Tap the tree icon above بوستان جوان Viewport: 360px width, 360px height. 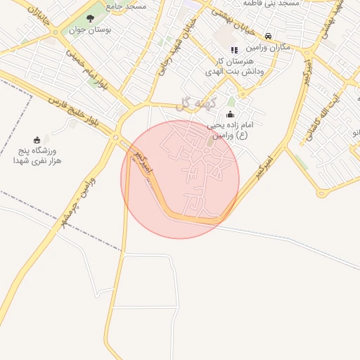pyautogui.click(x=90, y=18)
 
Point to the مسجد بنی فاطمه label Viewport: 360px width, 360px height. pyautogui.click(x=269, y=4)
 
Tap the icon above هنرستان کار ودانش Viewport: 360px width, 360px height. pyautogui.click(x=234, y=50)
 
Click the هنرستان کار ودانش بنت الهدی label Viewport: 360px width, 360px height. pyautogui.click(x=236, y=66)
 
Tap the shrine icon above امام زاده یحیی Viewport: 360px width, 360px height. pyautogui.click(x=231, y=115)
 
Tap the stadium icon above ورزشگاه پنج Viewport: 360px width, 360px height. pyautogui.click(x=37, y=140)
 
